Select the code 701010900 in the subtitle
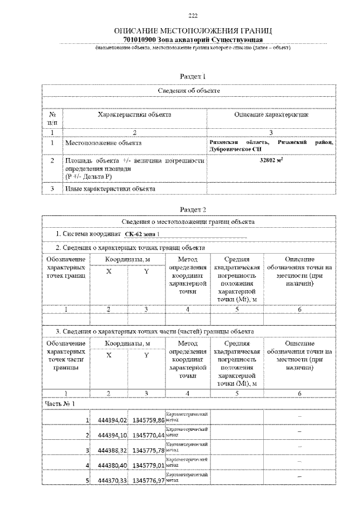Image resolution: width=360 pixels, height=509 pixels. (139, 40)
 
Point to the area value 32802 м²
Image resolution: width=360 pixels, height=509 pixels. (271, 160)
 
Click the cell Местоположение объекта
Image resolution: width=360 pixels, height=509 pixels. (103, 143)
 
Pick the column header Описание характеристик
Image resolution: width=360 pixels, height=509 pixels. (271, 114)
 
